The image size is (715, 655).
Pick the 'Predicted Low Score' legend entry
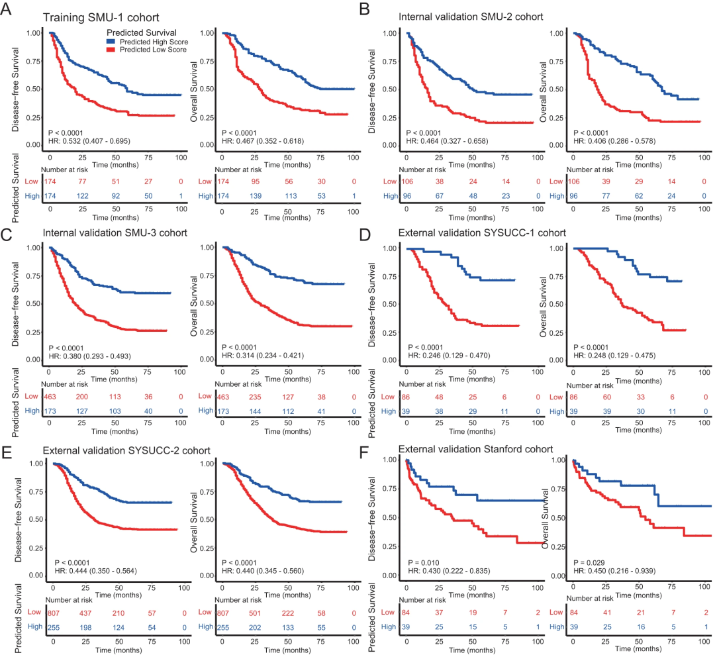click(150, 49)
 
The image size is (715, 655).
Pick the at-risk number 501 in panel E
click(255, 613)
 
